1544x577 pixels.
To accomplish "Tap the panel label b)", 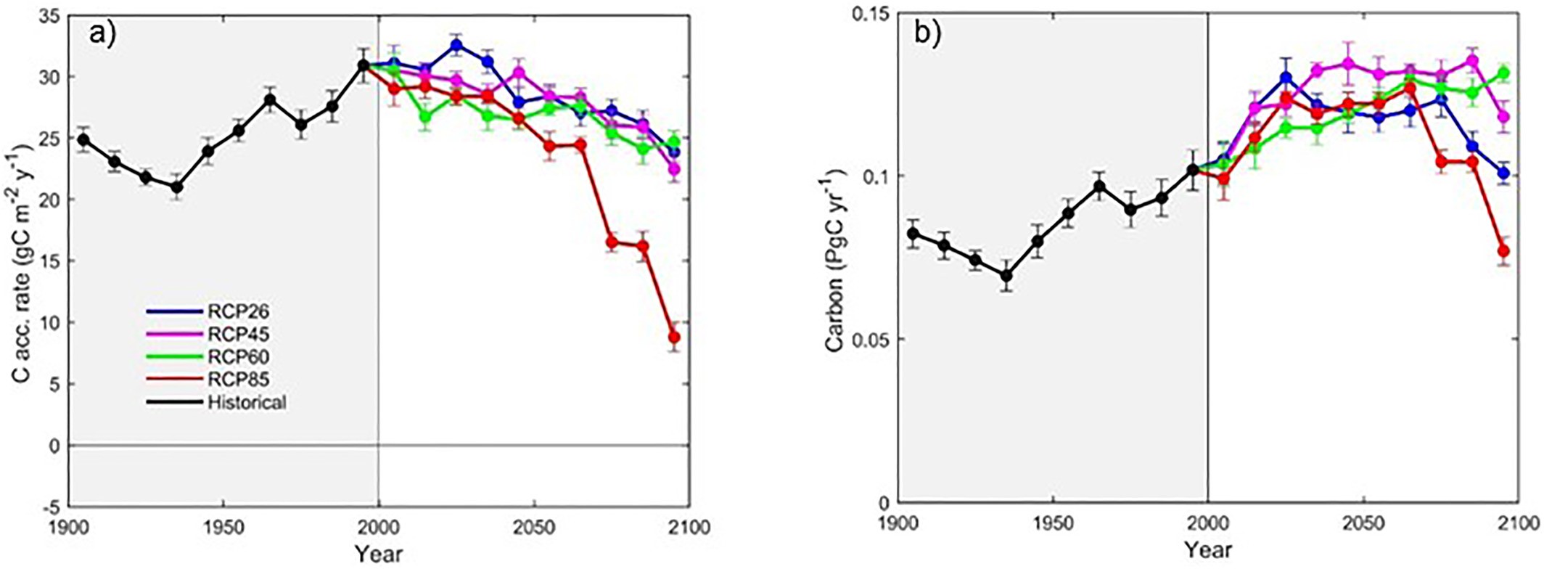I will [928, 33].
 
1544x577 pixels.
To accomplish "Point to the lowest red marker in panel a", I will [674, 337].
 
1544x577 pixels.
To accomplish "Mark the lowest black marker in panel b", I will [1006, 276].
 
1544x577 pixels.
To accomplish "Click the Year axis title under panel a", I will [378, 555].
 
